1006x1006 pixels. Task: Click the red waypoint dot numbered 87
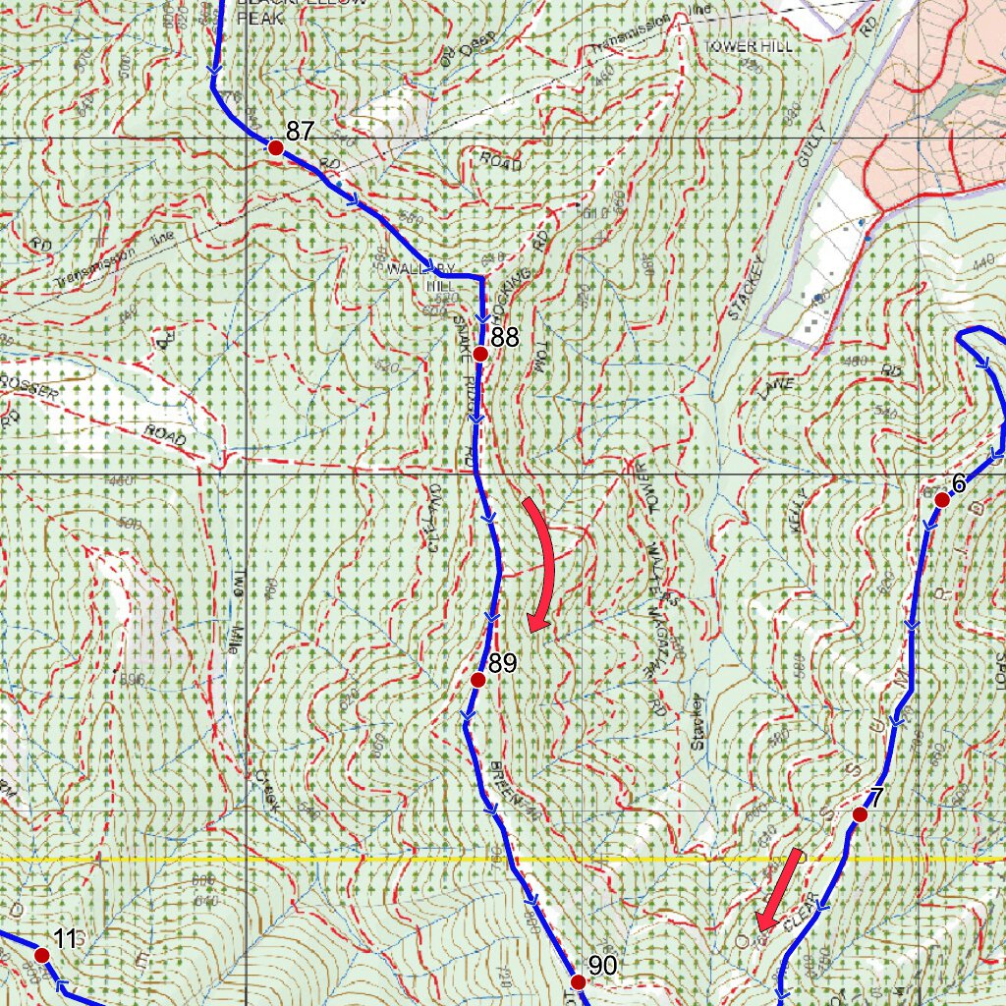276,147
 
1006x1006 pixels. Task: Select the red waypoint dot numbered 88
480,354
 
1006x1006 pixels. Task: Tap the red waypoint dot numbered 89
478,680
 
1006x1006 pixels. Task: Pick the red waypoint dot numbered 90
578,981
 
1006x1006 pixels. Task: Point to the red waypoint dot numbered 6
941,500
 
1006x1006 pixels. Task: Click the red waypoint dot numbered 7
860,814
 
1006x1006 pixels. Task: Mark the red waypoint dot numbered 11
41,954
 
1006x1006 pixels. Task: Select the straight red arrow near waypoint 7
781,889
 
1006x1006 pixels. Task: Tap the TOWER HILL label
748,46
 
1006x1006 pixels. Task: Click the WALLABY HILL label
420,276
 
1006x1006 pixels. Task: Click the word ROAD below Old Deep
500,162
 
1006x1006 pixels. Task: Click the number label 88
505,338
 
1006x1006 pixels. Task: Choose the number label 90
602,966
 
